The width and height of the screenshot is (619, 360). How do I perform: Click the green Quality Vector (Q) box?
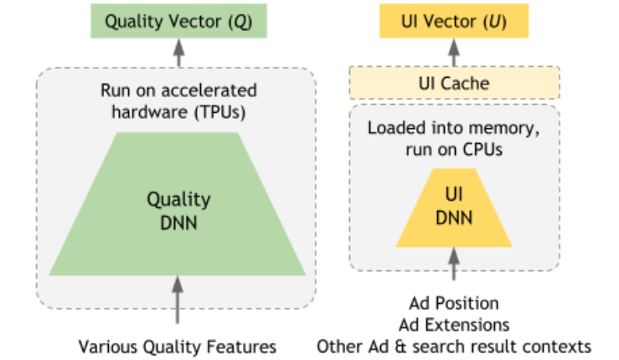pyautogui.click(x=178, y=21)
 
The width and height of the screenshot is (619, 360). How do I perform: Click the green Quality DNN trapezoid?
pyautogui.click(x=178, y=209)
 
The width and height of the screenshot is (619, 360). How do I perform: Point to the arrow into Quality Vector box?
pyautogui.click(x=178, y=52)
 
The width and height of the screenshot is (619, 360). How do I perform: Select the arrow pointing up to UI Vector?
pyautogui.click(x=455, y=52)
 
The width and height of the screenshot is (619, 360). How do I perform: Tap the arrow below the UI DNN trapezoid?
pyautogui.click(x=455, y=266)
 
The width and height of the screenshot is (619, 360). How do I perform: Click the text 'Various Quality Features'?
pyautogui.click(x=178, y=345)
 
